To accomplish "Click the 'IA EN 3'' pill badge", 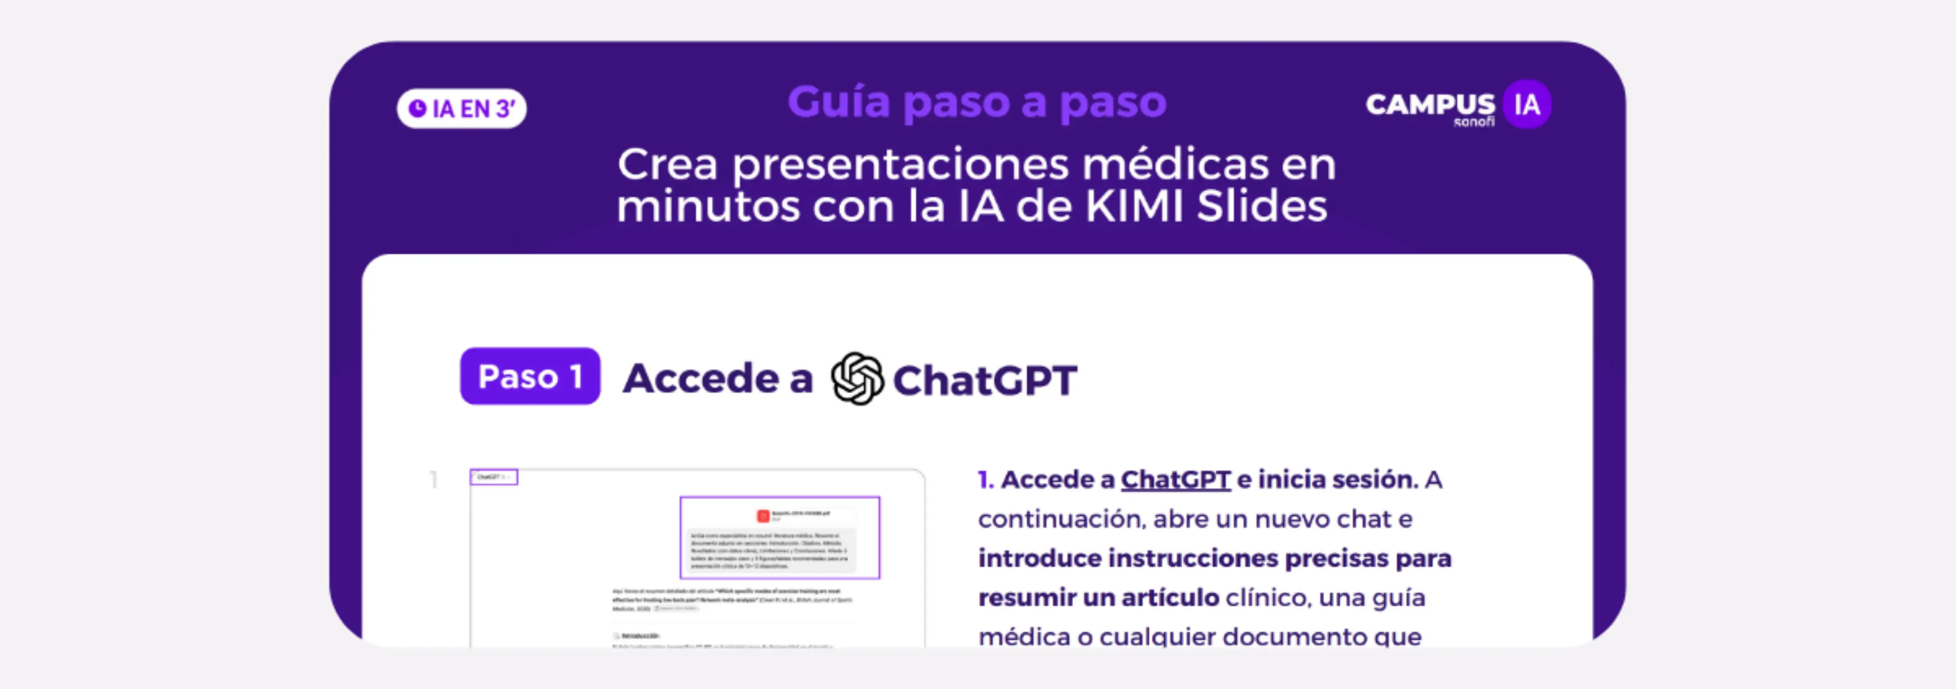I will coord(461,108).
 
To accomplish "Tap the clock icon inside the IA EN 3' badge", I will coord(417,108).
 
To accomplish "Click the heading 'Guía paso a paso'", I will coord(976,102).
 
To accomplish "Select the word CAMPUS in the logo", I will coord(1430,104).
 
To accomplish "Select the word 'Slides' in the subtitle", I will coord(1262,206).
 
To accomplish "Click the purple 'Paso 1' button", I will coord(530,376).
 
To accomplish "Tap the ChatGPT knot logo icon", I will coord(857,379).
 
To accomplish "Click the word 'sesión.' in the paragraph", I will coord(1375,480).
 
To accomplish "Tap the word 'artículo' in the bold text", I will coord(1170,598).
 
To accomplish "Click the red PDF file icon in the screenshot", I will coord(763,516).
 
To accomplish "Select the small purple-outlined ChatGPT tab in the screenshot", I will coord(494,477).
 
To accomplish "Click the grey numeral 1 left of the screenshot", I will coord(433,480).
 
